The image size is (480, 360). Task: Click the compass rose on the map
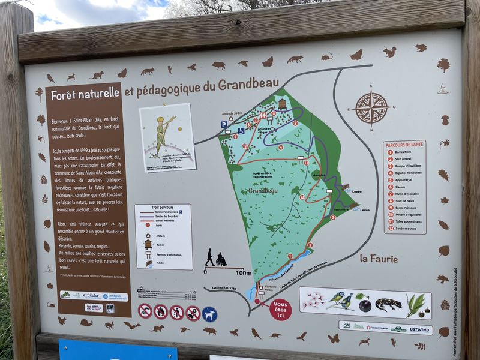[x=371, y=108]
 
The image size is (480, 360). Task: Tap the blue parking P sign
[x=223, y=125]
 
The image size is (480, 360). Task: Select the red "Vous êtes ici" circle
[x=280, y=310]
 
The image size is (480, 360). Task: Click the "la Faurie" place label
[x=380, y=258]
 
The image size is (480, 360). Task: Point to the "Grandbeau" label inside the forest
[x=264, y=190]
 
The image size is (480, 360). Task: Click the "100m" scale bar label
[x=244, y=273]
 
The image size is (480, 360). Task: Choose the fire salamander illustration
[x=388, y=303]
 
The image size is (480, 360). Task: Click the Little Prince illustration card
[x=167, y=137]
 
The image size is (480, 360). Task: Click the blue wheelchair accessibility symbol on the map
[x=241, y=131]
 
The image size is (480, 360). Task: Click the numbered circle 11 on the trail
[x=306, y=162]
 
